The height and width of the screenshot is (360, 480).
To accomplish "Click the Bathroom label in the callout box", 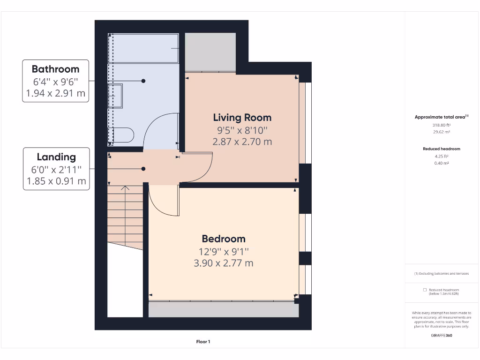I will tap(55, 69).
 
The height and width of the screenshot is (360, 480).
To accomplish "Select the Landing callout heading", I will tap(56, 157).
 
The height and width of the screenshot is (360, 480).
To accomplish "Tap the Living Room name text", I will tap(242, 118).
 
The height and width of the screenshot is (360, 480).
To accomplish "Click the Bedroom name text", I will tap(224, 239).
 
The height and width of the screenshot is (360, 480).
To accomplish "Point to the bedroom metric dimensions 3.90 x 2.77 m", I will tap(224, 263).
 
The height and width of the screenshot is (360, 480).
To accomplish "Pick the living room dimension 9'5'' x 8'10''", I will tap(242, 130).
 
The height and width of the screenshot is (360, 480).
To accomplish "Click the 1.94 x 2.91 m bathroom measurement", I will tap(55, 93).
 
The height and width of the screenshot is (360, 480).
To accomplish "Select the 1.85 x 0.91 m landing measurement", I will tap(56, 181).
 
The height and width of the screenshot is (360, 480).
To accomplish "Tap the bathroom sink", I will tap(115, 96).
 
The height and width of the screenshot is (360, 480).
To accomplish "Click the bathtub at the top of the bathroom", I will tap(143, 48).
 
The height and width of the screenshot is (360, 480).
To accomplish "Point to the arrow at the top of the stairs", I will tap(125, 188).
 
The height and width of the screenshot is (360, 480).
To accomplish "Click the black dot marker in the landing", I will tap(143, 169).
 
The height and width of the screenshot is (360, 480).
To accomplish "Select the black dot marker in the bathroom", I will tap(143, 81).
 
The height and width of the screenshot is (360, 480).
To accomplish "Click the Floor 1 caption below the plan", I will tap(203, 342).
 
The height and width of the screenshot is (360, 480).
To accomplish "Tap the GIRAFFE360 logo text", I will tap(442, 335).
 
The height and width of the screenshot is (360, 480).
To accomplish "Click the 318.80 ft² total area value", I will tap(441, 125).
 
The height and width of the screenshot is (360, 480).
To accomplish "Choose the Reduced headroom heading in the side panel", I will tap(441, 149).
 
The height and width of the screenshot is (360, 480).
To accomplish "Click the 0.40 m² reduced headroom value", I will tap(441, 163).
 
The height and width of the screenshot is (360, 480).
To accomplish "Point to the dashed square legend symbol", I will tap(424, 290).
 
